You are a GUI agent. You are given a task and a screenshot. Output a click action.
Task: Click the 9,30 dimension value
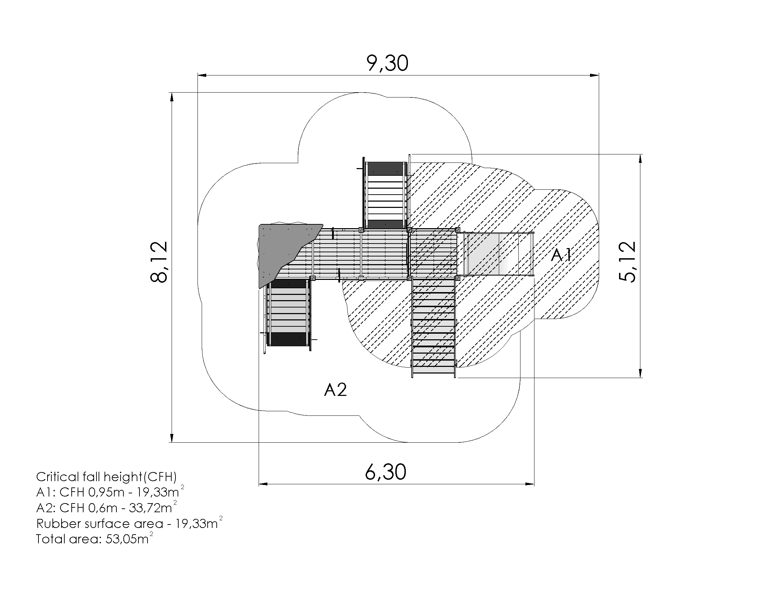click(x=387, y=63)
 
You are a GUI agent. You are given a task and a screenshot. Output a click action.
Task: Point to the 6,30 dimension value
click(x=386, y=472)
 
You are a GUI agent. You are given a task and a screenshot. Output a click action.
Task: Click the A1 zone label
click(x=561, y=255)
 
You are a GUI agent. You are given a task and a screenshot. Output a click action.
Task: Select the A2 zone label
click(x=335, y=390)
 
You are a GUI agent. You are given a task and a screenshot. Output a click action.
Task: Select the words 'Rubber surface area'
click(x=100, y=524)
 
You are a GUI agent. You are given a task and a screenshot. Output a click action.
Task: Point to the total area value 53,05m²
click(x=129, y=539)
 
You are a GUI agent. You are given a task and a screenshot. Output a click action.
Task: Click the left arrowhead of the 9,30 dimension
click(x=201, y=75)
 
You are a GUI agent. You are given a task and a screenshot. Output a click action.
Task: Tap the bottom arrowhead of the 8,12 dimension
click(x=172, y=438)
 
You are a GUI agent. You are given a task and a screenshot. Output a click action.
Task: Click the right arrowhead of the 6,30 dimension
click(x=530, y=484)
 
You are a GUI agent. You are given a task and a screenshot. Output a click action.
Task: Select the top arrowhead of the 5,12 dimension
click(x=640, y=159)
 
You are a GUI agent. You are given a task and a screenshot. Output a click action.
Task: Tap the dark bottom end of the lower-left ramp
click(x=288, y=339)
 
